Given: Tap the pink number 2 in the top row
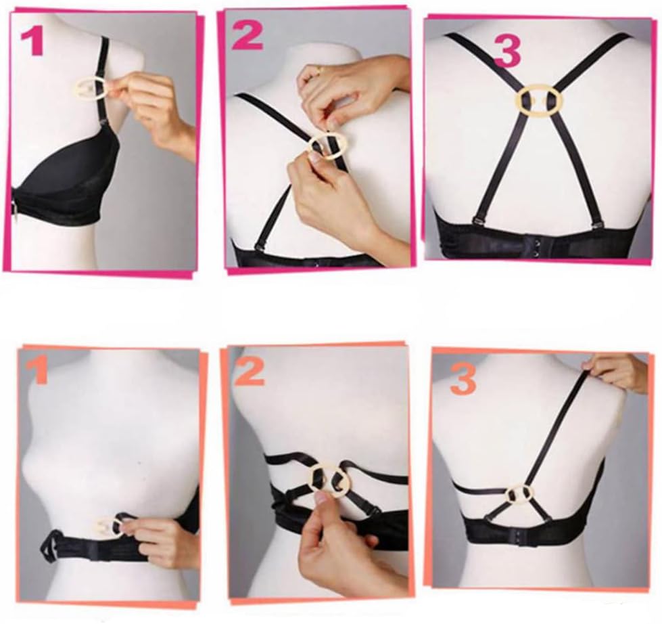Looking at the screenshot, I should point(247,36).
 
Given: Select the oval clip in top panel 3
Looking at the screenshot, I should point(538,100).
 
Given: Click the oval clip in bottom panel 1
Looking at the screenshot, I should point(106,527).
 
